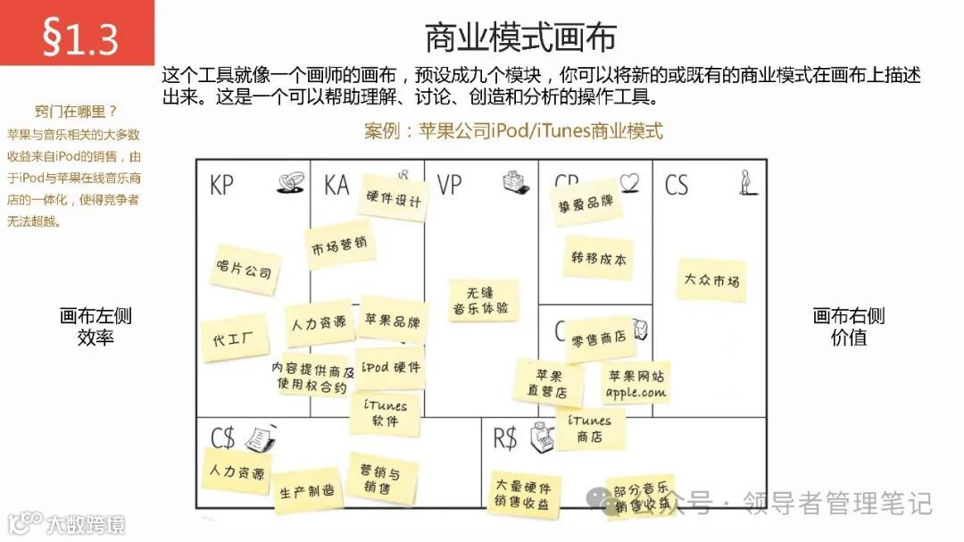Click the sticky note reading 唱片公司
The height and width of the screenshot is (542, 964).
(x=244, y=268)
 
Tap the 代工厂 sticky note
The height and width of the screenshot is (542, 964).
(x=234, y=338)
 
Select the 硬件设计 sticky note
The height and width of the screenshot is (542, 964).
(x=393, y=199)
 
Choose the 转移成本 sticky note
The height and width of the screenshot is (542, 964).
(x=598, y=259)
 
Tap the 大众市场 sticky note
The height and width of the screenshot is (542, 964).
(x=711, y=280)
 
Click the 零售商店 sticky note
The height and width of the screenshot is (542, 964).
(x=598, y=338)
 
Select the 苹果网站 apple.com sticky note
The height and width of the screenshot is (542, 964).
(x=636, y=383)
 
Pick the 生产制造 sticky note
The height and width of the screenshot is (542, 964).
(x=306, y=490)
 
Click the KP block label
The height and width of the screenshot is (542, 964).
(x=222, y=186)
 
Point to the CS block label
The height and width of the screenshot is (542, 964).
(x=677, y=185)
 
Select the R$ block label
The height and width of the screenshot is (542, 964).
(x=505, y=438)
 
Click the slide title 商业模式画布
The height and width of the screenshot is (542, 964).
(x=519, y=38)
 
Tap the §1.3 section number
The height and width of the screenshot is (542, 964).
(x=79, y=37)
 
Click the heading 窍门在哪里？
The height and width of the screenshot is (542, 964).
(x=76, y=112)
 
